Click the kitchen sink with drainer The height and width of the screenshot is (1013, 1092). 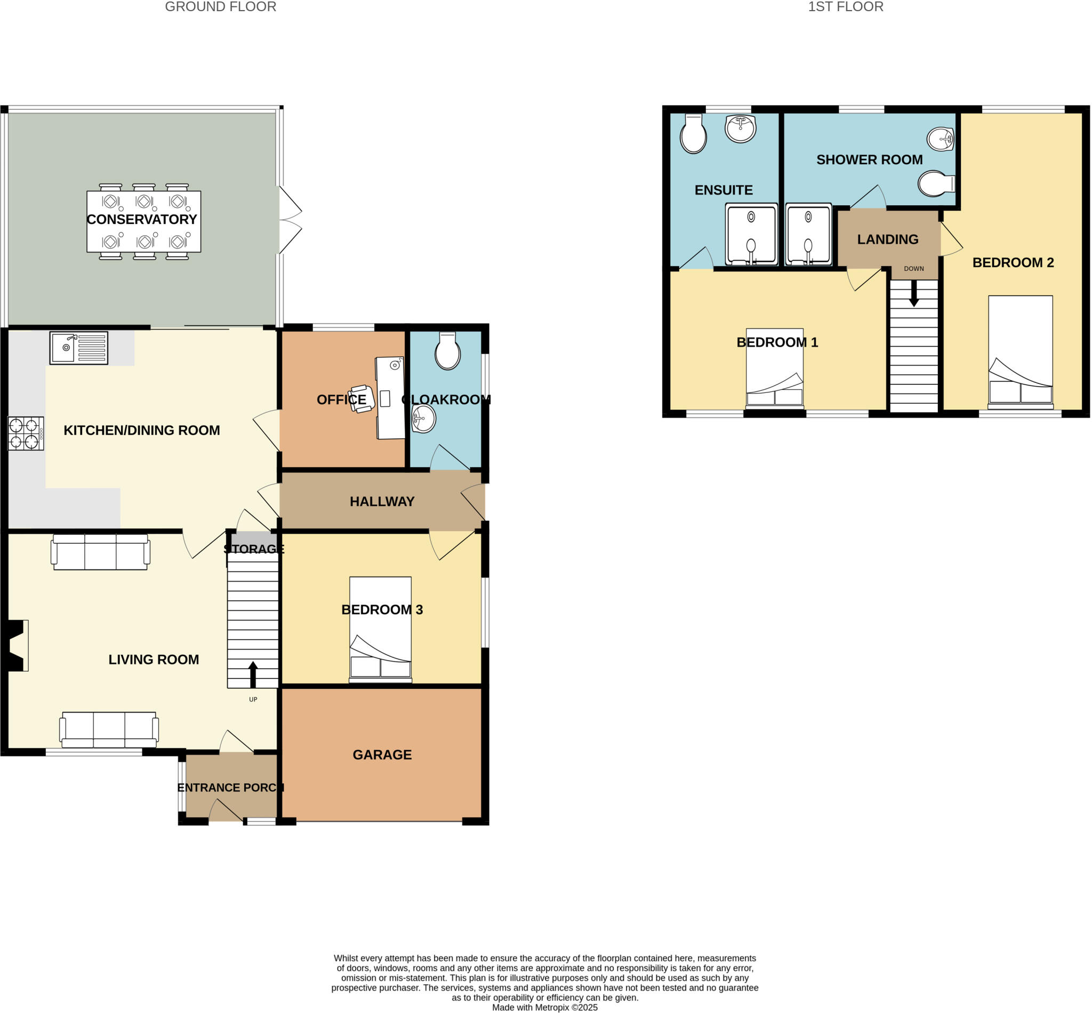[78, 348]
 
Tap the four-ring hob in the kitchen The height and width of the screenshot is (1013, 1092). [25, 433]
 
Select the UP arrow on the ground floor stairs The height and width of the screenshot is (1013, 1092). [253, 674]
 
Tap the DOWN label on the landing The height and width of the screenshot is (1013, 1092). [913, 269]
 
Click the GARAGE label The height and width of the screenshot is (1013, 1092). [382, 755]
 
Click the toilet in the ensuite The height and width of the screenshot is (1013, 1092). [693, 134]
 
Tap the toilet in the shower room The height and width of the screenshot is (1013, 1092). [936, 183]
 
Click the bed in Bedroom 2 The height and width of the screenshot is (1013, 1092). [1019, 352]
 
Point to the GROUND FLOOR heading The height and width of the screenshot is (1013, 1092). [220, 7]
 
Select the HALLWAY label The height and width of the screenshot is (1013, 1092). [382, 502]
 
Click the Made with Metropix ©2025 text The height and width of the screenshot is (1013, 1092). [544, 1008]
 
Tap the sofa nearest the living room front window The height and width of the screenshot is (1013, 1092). [109, 729]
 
